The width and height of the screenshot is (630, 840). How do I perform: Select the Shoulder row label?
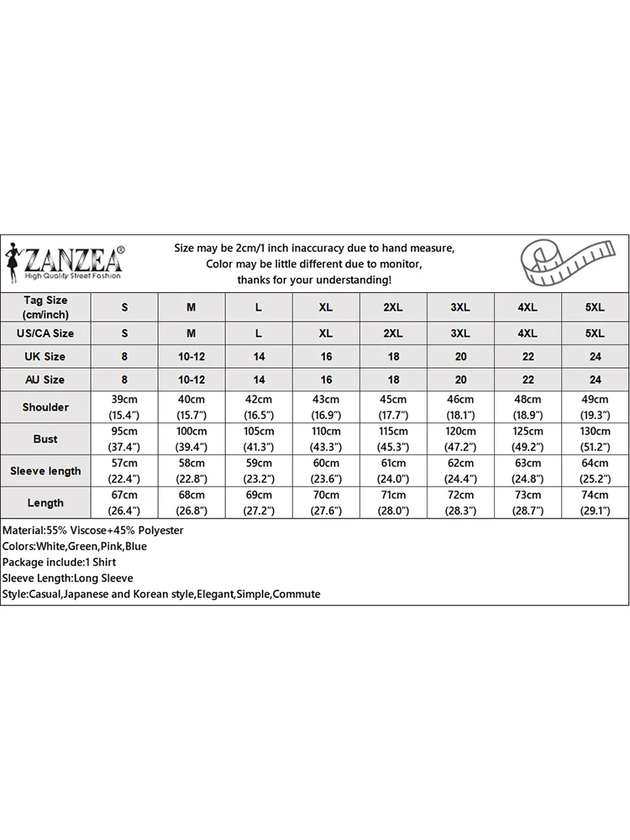point(45,407)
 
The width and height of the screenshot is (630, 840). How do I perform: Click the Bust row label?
point(45,439)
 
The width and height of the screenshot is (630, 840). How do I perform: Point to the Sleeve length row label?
point(45,471)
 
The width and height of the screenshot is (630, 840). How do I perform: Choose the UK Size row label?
point(45,356)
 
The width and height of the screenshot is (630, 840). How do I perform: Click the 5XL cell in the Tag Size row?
point(595,307)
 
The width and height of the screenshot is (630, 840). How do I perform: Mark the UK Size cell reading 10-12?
point(192,356)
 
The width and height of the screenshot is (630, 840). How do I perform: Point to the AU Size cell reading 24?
point(595,380)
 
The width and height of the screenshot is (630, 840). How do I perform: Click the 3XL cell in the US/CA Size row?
point(460,333)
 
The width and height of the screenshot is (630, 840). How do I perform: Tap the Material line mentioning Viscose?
point(93,531)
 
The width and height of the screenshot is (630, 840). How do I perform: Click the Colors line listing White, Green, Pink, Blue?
point(75,547)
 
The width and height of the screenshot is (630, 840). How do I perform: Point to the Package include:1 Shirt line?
point(60,563)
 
